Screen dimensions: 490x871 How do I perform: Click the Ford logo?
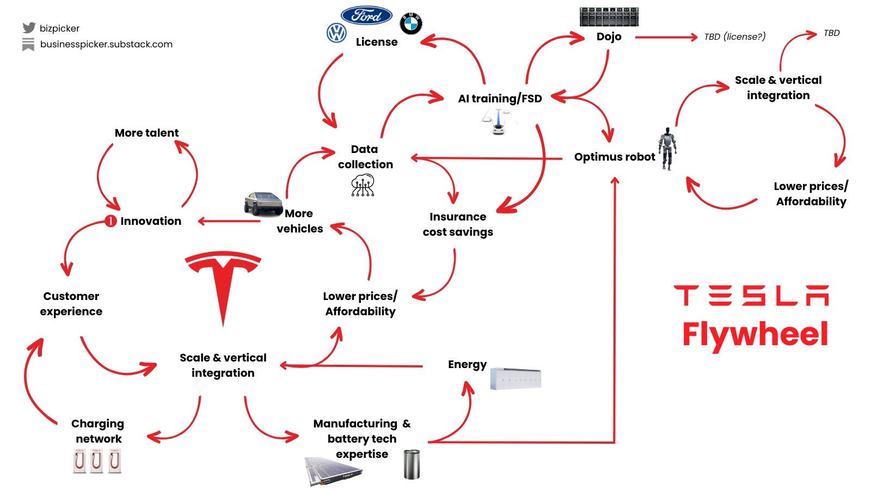(366, 15)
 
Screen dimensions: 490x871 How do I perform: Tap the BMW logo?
(411, 24)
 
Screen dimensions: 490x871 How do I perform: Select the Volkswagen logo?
(336, 33)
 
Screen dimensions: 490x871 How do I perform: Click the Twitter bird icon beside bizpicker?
(29, 28)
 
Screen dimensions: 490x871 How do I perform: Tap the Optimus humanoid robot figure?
(667, 148)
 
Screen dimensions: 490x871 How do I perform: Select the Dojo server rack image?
(609, 17)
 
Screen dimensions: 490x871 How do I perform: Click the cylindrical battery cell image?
(412, 464)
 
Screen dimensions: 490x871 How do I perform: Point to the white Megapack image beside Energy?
(515, 378)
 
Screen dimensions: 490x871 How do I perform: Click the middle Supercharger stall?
(96, 461)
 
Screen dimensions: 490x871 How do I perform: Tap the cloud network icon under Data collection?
(363, 185)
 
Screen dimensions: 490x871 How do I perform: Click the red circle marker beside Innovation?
(111, 221)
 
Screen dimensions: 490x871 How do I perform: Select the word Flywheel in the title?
(755, 334)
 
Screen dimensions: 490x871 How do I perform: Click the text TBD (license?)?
(734, 36)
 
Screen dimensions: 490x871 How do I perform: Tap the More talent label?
(146, 133)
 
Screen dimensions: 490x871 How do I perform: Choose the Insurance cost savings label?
(458, 224)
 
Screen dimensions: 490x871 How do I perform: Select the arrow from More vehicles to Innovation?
(229, 221)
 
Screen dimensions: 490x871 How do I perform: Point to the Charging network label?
(98, 431)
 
